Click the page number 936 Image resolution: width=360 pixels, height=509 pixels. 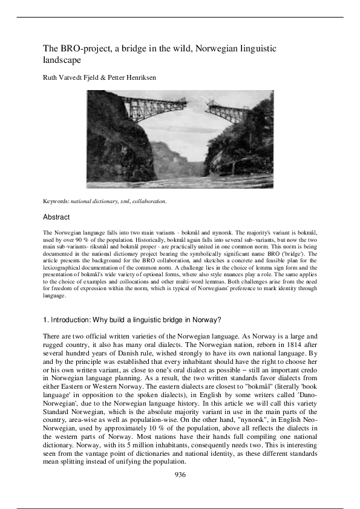pos(180,475)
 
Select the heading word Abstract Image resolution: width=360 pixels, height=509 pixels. pos(56,216)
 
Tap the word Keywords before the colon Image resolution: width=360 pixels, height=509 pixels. pos(56,200)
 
